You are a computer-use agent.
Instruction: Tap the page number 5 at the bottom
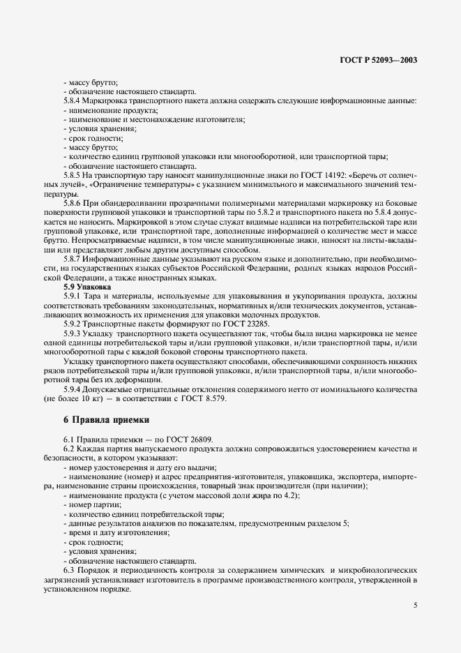click(x=415, y=605)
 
